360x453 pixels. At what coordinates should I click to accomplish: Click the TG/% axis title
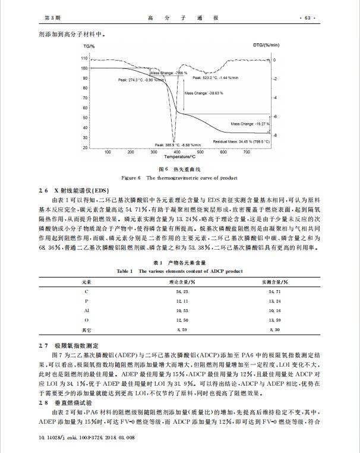click(89, 46)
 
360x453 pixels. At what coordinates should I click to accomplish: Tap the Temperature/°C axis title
click(181, 158)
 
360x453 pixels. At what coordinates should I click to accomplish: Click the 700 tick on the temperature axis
click(252, 152)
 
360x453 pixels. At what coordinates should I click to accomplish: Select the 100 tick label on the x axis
click(108, 152)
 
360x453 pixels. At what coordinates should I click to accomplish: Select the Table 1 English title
click(179, 271)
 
